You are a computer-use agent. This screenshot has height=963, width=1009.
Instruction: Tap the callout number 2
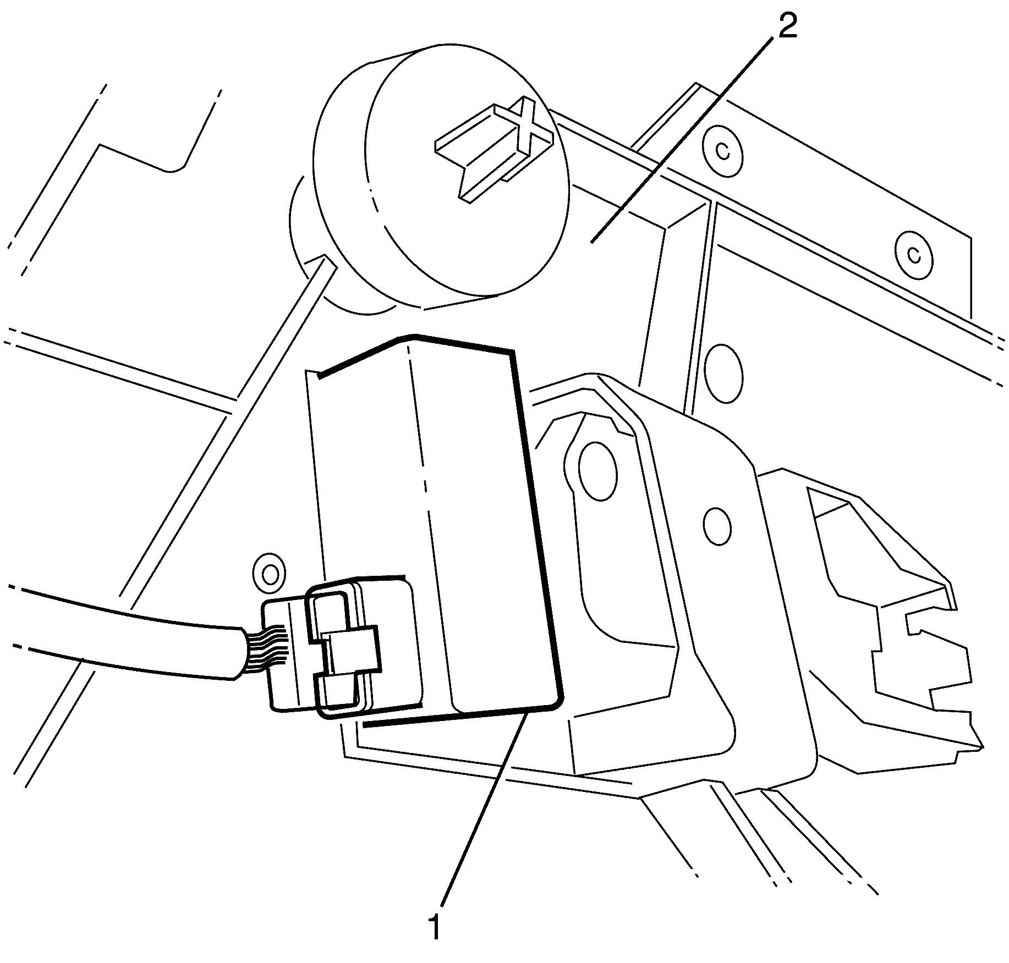click(787, 26)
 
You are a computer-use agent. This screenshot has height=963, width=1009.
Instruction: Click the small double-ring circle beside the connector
click(270, 574)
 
